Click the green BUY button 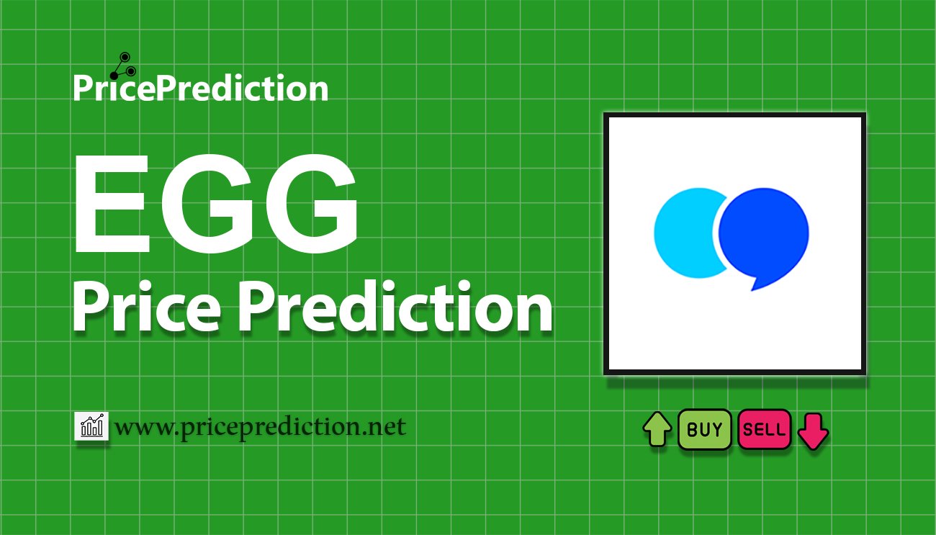704,429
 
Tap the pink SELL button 764,429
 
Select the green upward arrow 657,429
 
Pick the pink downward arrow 813,431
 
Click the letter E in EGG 112,204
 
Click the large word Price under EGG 146,307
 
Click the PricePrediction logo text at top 201,88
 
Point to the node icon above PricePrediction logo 123,66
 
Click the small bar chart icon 91,426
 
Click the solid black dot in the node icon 114,76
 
